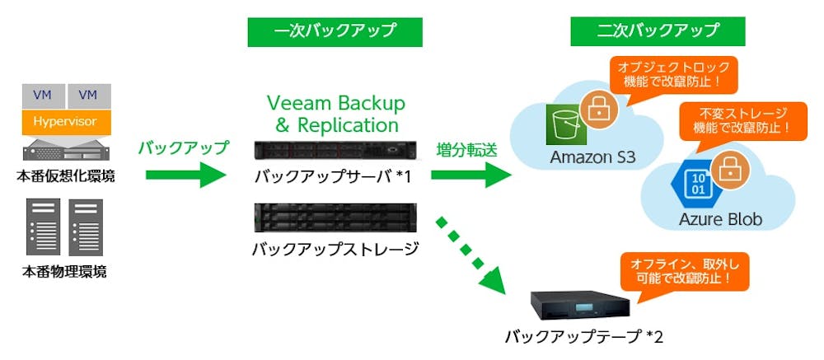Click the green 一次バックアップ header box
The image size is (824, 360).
click(335, 32)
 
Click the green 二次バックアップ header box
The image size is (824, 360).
click(658, 32)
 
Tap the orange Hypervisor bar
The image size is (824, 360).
click(65, 122)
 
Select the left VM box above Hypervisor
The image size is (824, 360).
click(42, 96)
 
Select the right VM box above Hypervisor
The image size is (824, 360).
click(87, 96)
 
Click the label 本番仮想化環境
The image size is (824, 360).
click(65, 175)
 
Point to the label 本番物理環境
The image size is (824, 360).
click(64, 271)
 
